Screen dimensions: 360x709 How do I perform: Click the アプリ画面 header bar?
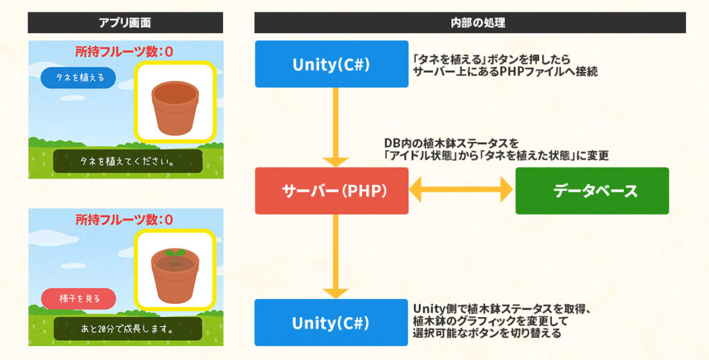tap(125, 23)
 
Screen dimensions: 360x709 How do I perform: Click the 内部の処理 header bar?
tap(469, 23)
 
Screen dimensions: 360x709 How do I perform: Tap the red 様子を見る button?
tap(79, 298)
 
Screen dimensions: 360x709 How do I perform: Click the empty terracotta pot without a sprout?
tap(174, 107)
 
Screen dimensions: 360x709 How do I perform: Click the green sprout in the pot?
tap(174, 253)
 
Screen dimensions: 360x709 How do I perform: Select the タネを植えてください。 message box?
tap(127, 161)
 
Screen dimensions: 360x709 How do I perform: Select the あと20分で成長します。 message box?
tap(127, 329)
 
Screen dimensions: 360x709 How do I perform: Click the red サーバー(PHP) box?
tap(332, 190)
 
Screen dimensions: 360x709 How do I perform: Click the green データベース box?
tap(592, 190)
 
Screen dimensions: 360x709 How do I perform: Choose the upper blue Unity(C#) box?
tap(332, 64)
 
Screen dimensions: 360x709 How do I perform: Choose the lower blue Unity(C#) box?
tap(332, 323)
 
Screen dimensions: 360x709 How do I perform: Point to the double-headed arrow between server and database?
tap(461, 190)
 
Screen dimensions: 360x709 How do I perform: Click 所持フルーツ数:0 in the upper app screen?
tap(124, 51)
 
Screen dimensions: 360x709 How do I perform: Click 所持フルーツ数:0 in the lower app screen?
tap(124, 219)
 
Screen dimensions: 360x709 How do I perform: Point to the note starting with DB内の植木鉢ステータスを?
tap(496, 150)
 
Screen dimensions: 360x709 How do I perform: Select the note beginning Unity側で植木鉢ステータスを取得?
tap(502, 321)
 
